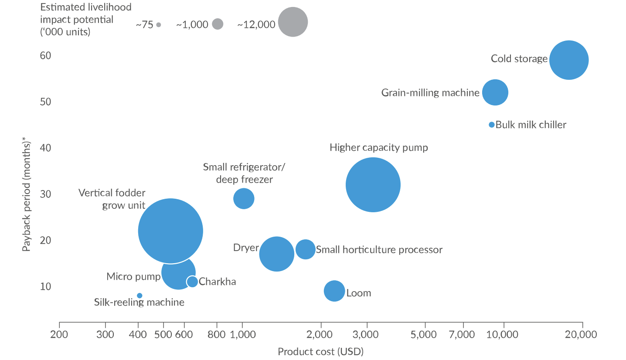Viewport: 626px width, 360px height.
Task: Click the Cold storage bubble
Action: tap(568, 60)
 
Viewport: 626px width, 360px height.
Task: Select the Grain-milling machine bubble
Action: tap(495, 92)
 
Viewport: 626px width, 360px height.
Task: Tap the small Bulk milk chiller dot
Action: tap(491, 125)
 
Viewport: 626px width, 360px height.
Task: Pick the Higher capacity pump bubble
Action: tap(373, 185)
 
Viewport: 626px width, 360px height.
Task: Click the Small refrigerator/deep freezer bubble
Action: tap(244, 199)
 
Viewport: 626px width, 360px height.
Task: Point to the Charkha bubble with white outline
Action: tap(192, 282)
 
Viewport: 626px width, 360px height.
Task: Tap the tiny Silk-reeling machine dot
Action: tap(139, 295)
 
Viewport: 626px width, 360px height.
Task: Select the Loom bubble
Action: tap(334, 291)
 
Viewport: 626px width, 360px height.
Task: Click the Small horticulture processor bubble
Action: tap(306, 249)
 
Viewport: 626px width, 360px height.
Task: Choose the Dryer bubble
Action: tap(276, 254)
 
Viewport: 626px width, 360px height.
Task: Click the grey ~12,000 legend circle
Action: tap(293, 22)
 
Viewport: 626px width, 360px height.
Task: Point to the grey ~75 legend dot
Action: tap(159, 25)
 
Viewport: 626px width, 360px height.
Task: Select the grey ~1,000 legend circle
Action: tap(218, 24)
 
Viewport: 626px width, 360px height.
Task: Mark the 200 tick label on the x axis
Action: tap(59, 335)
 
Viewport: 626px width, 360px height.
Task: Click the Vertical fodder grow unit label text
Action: tap(112, 199)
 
